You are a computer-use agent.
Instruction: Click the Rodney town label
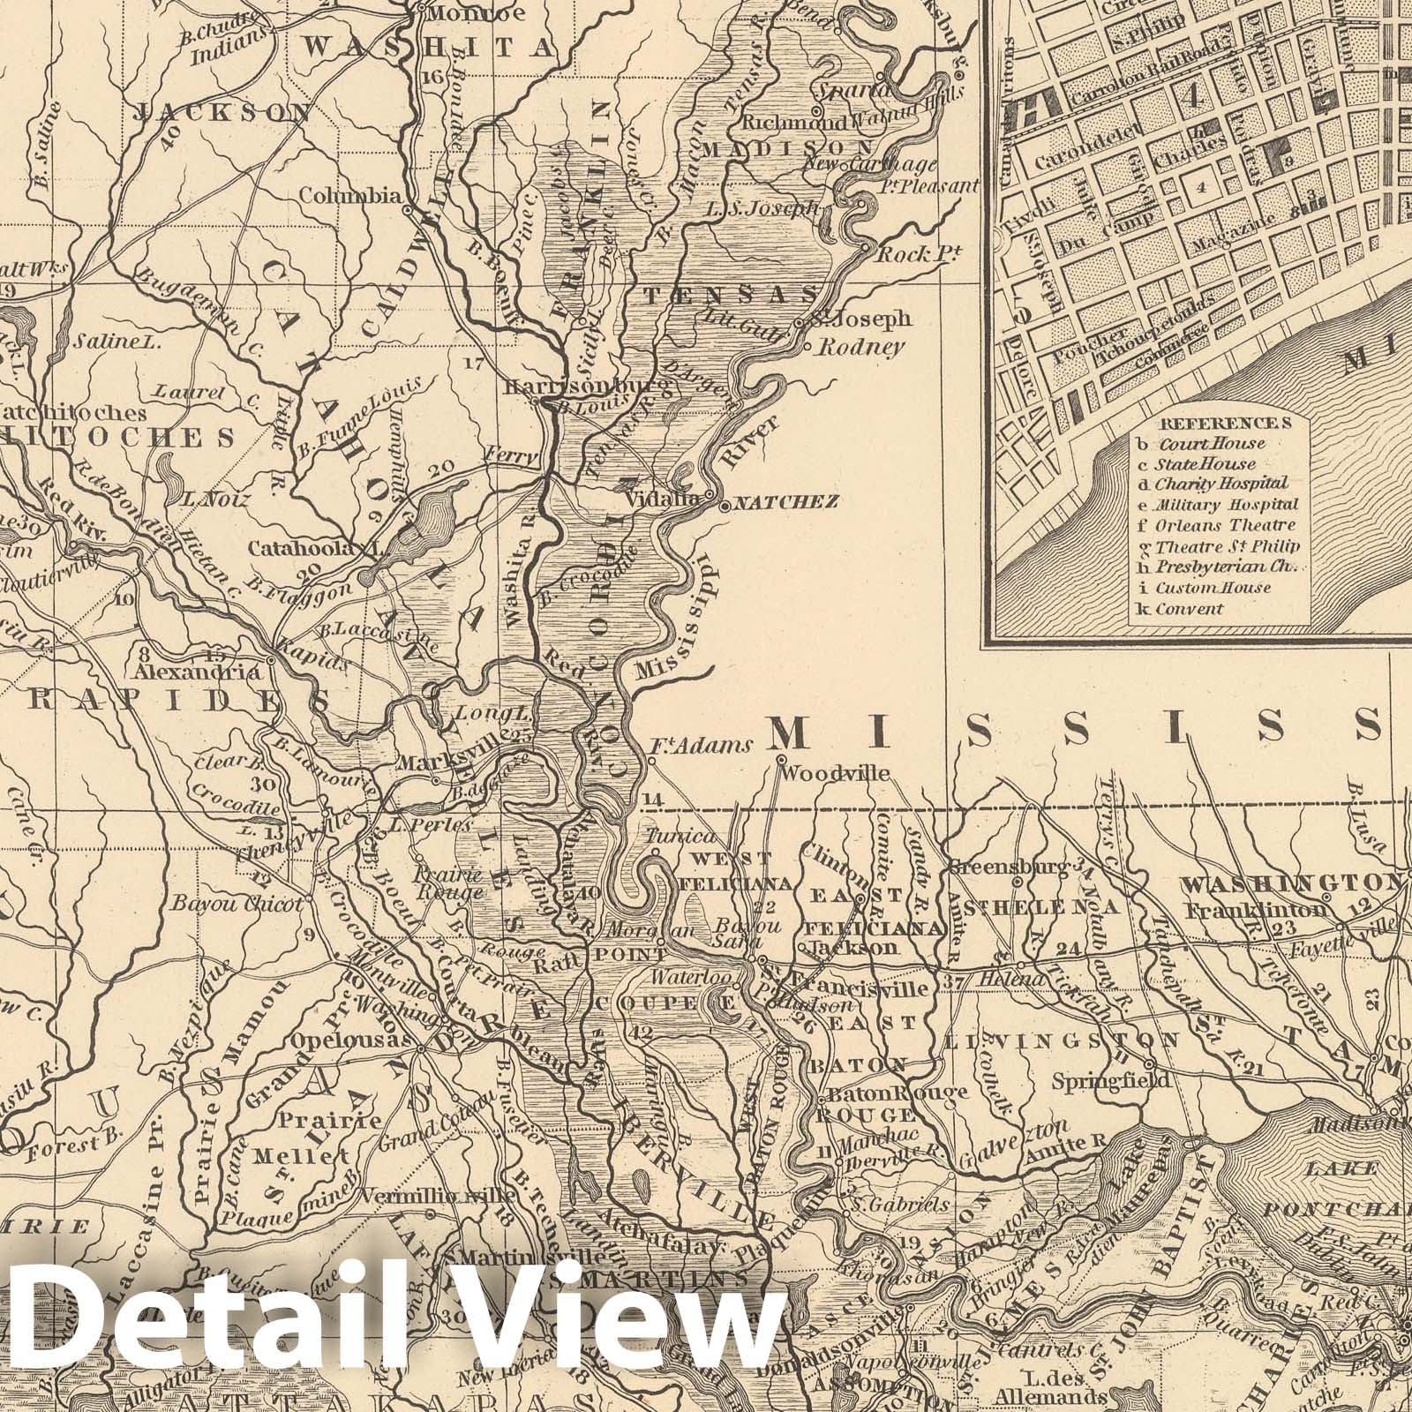click(x=861, y=347)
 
